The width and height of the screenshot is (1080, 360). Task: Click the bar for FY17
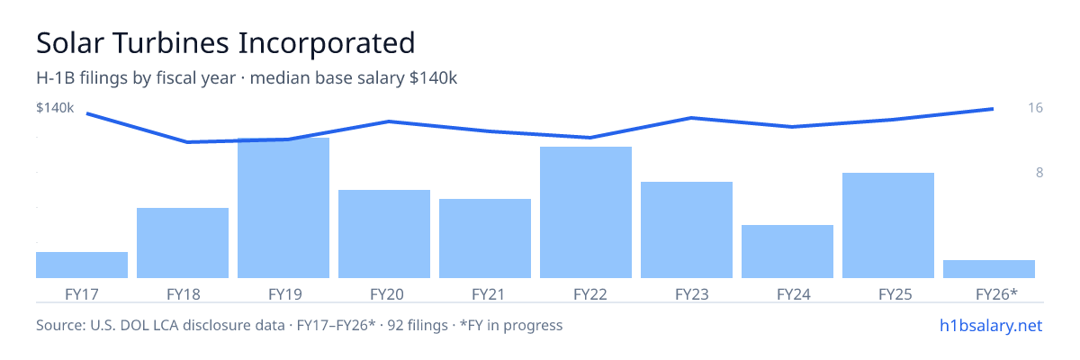pos(82,265)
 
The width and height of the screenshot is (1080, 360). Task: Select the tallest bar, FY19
pos(283,208)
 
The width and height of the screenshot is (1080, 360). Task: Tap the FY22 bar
pos(586,212)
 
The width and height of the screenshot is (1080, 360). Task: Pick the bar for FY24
pos(787,252)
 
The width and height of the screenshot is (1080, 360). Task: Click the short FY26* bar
pos(989,269)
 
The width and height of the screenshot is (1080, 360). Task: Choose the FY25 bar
pos(888,225)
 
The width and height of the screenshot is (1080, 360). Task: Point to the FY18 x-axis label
pos(184,294)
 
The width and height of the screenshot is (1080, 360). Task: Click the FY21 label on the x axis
pos(488,294)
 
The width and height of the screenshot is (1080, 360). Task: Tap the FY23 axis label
pos(692,294)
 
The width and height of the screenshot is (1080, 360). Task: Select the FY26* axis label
pos(996,294)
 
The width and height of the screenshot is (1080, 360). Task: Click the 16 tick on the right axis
pos(1035,107)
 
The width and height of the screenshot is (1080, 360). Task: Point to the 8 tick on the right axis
pos(1039,173)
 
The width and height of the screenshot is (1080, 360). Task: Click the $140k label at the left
pos(55,107)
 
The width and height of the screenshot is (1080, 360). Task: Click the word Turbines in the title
pos(171,43)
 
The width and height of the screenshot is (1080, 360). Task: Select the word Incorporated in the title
pos(327,44)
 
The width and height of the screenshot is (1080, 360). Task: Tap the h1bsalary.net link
pos(991,325)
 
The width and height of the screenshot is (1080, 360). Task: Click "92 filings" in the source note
pos(418,325)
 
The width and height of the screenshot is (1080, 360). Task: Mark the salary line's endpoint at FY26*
pos(993,109)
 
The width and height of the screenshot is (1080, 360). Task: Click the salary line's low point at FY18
pos(187,142)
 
